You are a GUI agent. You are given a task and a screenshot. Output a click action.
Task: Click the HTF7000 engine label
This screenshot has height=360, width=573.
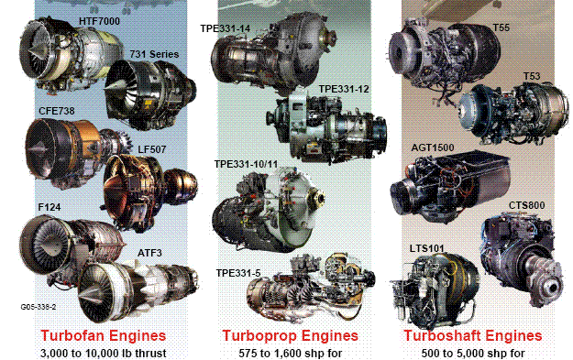99,21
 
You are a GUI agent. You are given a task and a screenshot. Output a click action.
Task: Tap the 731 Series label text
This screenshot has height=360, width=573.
154,54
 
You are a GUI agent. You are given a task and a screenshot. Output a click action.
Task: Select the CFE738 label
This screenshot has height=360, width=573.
57,111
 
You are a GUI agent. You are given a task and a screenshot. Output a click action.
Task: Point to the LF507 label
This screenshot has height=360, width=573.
152,149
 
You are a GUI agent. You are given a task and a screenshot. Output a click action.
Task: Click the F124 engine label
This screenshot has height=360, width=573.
50,207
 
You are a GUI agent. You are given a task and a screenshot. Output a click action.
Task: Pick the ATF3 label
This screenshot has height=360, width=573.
149,253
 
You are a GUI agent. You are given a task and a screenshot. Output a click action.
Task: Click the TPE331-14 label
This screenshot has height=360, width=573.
226,28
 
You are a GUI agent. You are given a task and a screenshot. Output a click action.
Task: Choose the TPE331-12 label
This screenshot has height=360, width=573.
344,89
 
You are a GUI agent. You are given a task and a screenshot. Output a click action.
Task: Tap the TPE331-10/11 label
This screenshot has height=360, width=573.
246,164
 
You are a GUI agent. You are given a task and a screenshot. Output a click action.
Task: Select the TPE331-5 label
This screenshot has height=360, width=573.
238,273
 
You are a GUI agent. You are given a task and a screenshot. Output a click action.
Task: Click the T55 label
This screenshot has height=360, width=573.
501,27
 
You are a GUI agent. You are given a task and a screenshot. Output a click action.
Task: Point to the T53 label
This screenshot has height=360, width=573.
532,76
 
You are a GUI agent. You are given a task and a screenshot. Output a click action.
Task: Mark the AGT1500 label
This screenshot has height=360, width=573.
433,147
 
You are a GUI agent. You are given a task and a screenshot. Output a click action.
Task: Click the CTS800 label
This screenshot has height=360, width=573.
526,205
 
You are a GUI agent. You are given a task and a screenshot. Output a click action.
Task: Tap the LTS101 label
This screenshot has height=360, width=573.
427,248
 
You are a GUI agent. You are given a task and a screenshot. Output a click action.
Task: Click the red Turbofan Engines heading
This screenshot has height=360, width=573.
104,335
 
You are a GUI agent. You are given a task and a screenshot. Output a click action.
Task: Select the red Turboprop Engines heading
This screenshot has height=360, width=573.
290,335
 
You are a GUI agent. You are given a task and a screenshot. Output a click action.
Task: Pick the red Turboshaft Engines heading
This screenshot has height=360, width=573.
472,335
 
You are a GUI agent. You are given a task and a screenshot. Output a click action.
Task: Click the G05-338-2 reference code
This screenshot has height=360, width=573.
39,307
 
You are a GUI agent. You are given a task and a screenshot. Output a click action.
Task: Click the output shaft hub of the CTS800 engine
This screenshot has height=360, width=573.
551,288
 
